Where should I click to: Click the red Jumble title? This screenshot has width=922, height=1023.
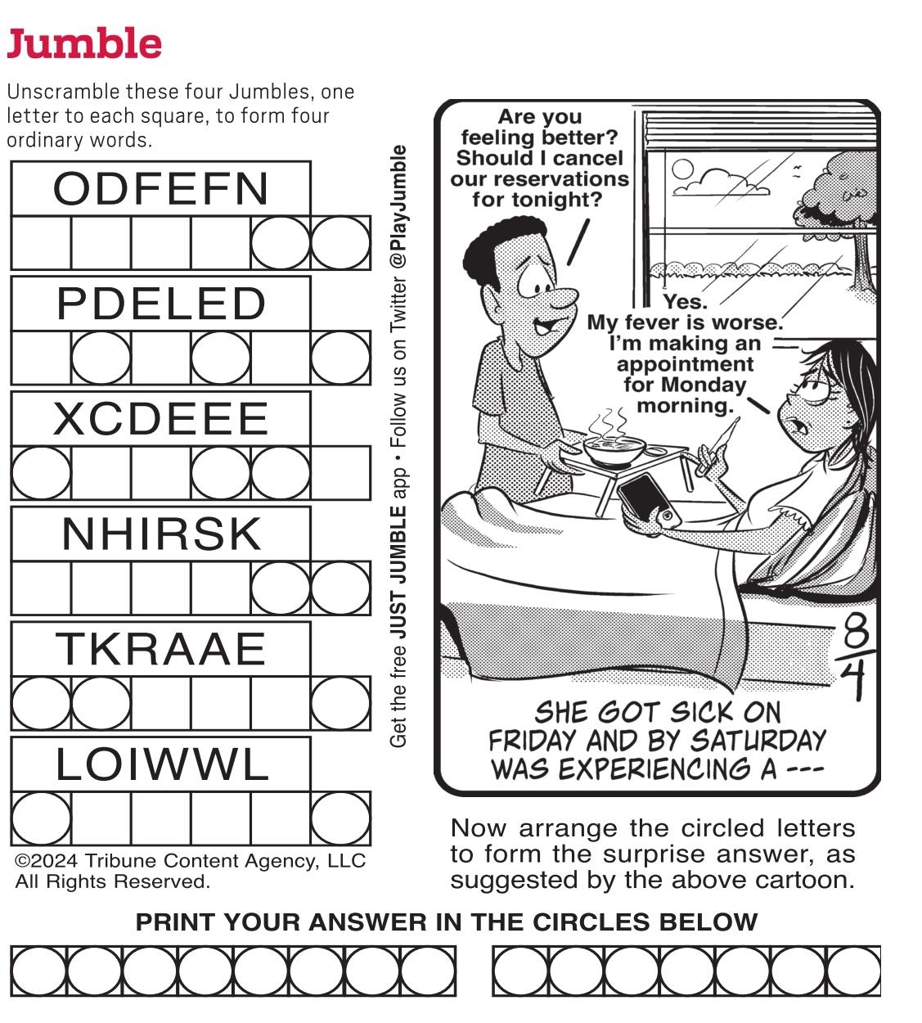84,43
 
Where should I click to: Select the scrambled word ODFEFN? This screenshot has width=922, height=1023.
161,188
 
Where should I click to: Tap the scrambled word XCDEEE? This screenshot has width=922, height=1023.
161,419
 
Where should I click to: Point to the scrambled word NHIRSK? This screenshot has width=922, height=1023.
161,534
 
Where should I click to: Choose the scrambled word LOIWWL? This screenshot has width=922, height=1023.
161,765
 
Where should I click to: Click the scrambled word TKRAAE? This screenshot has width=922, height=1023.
161,650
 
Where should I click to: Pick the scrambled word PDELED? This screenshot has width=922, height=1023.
161,304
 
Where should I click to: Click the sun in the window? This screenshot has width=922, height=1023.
682,169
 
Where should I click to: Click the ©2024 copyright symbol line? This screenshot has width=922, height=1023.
190,861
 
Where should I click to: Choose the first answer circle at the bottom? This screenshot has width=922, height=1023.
38,971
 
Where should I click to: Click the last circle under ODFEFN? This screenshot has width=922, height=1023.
340,243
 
